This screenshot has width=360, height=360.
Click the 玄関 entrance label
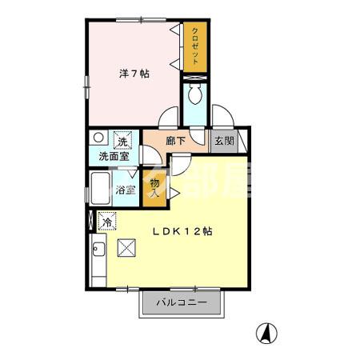(224, 141)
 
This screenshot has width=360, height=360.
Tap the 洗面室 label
(114, 157)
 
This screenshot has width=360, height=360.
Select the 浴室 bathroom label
(125, 190)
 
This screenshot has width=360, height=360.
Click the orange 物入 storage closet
(155, 189)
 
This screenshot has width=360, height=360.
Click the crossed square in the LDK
(126, 247)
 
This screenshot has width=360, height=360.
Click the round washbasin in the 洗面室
(97, 138)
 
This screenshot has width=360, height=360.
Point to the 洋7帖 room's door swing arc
(168, 118)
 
